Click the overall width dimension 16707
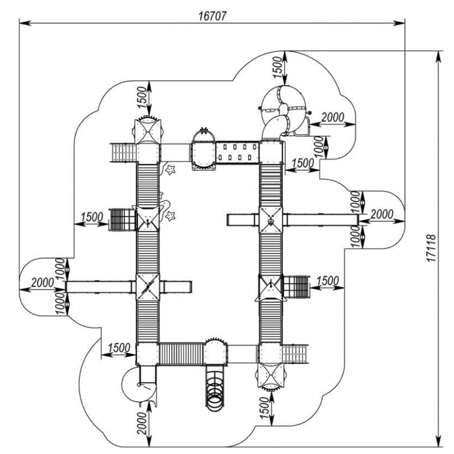coord(213,16)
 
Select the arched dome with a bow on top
coord(203,137)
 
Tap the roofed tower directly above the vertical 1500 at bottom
coord(270,375)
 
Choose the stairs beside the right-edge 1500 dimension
coord(295,287)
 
